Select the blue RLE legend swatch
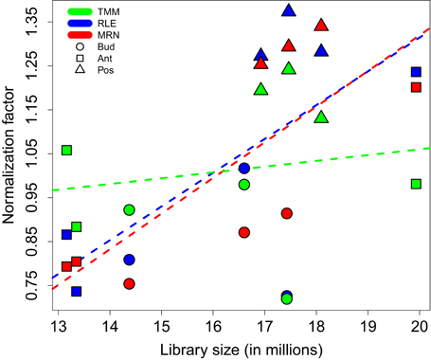pos(82,24)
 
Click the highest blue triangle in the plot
pos(290,10)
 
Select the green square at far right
pos(416,184)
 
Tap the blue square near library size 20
pos(416,72)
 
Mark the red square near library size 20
pos(416,87)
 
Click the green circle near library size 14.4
pos(129,209)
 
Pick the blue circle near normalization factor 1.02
pos(244,168)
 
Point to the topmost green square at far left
pos(66,150)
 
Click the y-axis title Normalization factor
pos(10,156)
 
